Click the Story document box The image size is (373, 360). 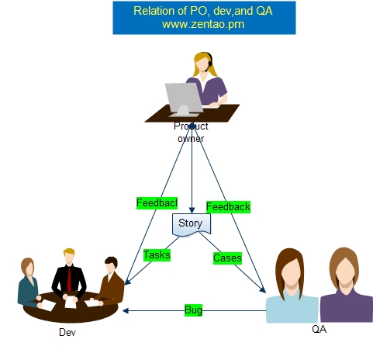click(192, 224)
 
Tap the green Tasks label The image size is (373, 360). click(157, 255)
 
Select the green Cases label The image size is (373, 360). click(227, 258)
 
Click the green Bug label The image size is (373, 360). click(193, 310)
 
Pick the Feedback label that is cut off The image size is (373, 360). click(157, 203)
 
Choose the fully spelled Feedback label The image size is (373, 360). click(228, 207)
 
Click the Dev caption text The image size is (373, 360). click(67, 332)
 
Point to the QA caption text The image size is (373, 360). click(319, 329)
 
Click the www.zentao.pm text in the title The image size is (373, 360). click(203, 24)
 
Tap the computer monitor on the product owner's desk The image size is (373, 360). click(184, 99)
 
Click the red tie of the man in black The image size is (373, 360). click(69, 279)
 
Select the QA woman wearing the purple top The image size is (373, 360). click(346, 285)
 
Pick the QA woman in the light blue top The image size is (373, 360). click(292, 286)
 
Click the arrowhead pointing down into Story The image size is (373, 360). click(192, 210)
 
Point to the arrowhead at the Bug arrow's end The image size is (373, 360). click(126, 310)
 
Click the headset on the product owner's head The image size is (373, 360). click(209, 61)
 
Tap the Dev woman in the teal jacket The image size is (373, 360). click(29, 283)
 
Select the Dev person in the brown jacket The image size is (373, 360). click(110, 281)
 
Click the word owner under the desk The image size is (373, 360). click(191, 139)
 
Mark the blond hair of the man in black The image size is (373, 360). click(69, 251)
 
